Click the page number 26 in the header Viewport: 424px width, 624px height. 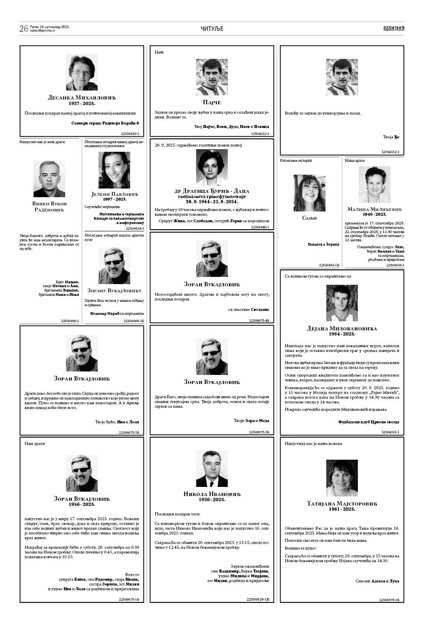[24, 29]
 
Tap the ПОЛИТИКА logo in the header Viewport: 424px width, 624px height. [393, 29]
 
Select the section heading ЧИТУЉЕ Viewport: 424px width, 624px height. [212, 29]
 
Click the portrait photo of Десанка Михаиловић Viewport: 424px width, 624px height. [82, 72]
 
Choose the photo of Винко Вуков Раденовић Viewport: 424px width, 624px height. [49, 179]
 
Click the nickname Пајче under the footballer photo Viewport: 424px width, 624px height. [212, 102]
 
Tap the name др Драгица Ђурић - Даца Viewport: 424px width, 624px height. [212, 191]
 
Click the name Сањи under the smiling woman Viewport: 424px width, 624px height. [309, 218]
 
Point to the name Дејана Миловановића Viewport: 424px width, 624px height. [342, 328]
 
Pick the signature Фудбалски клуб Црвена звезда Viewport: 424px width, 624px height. [369, 422]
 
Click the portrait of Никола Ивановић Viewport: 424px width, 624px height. [212, 468]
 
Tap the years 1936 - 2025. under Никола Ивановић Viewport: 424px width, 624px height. [212, 499]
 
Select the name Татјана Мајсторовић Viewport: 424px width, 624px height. [342, 504]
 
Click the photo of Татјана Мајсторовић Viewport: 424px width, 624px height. [342, 478]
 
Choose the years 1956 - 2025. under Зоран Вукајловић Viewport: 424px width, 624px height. [82, 504]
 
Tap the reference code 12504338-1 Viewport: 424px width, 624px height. [390, 432]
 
